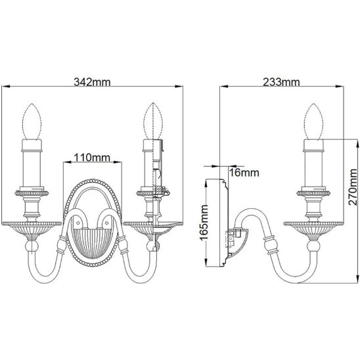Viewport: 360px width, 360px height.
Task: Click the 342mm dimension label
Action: point(92,82)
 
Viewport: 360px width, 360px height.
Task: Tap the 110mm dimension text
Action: point(92,158)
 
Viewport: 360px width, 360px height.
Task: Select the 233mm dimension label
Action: point(281,82)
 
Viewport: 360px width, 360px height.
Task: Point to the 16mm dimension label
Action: point(244,173)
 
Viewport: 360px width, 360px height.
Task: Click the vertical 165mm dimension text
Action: point(204,223)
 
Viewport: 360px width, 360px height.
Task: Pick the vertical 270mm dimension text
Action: point(353,187)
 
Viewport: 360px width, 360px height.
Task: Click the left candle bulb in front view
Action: point(32,122)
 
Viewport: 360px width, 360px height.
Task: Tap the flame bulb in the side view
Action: point(313,122)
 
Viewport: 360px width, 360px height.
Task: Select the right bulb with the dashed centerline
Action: point(153,122)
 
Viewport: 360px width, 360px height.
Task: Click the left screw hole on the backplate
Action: point(78,223)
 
